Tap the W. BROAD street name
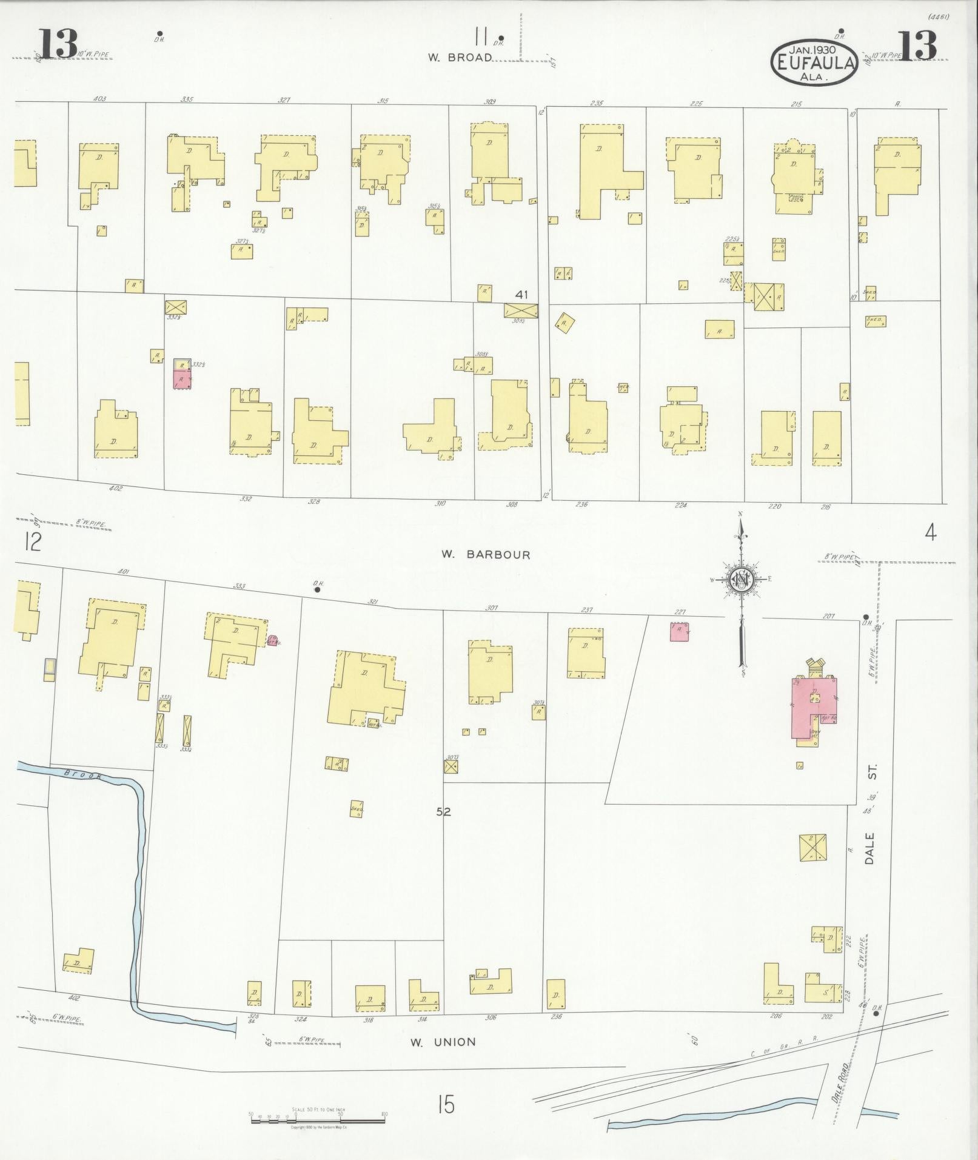click(x=460, y=58)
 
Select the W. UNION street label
click(x=443, y=1042)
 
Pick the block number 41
click(x=521, y=295)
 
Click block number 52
click(x=444, y=811)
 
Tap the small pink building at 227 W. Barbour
click(x=679, y=631)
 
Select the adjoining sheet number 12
click(x=32, y=541)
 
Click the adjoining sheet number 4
click(x=930, y=533)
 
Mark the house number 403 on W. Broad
click(x=100, y=98)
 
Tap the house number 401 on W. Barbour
click(x=125, y=572)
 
